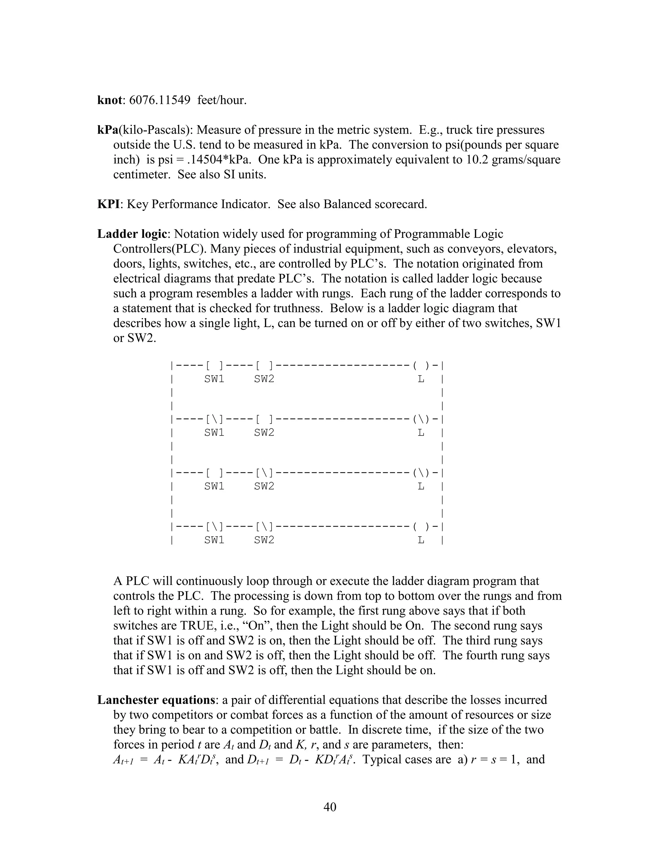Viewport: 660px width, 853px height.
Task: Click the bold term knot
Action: pyautogui.click(x=110, y=100)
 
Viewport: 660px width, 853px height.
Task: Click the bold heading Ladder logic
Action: pyautogui.click(x=132, y=234)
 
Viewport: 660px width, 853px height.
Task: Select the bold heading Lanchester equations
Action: pyautogui.click(x=156, y=700)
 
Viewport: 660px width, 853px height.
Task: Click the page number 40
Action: pyautogui.click(x=330, y=807)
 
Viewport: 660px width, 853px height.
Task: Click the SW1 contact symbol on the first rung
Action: pyautogui.click(x=214, y=366)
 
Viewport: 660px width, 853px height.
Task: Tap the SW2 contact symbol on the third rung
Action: pyautogui.click(x=264, y=473)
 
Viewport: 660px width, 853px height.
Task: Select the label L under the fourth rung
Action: pyautogui.click(x=421, y=540)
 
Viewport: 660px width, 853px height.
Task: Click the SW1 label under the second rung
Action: pyautogui.click(x=214, y=433)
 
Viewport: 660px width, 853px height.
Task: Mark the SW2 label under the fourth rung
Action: pyautogui.click(x=264, y=540)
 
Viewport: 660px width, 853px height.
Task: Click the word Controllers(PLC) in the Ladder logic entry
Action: pyautogui.click(x=160, y=249)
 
